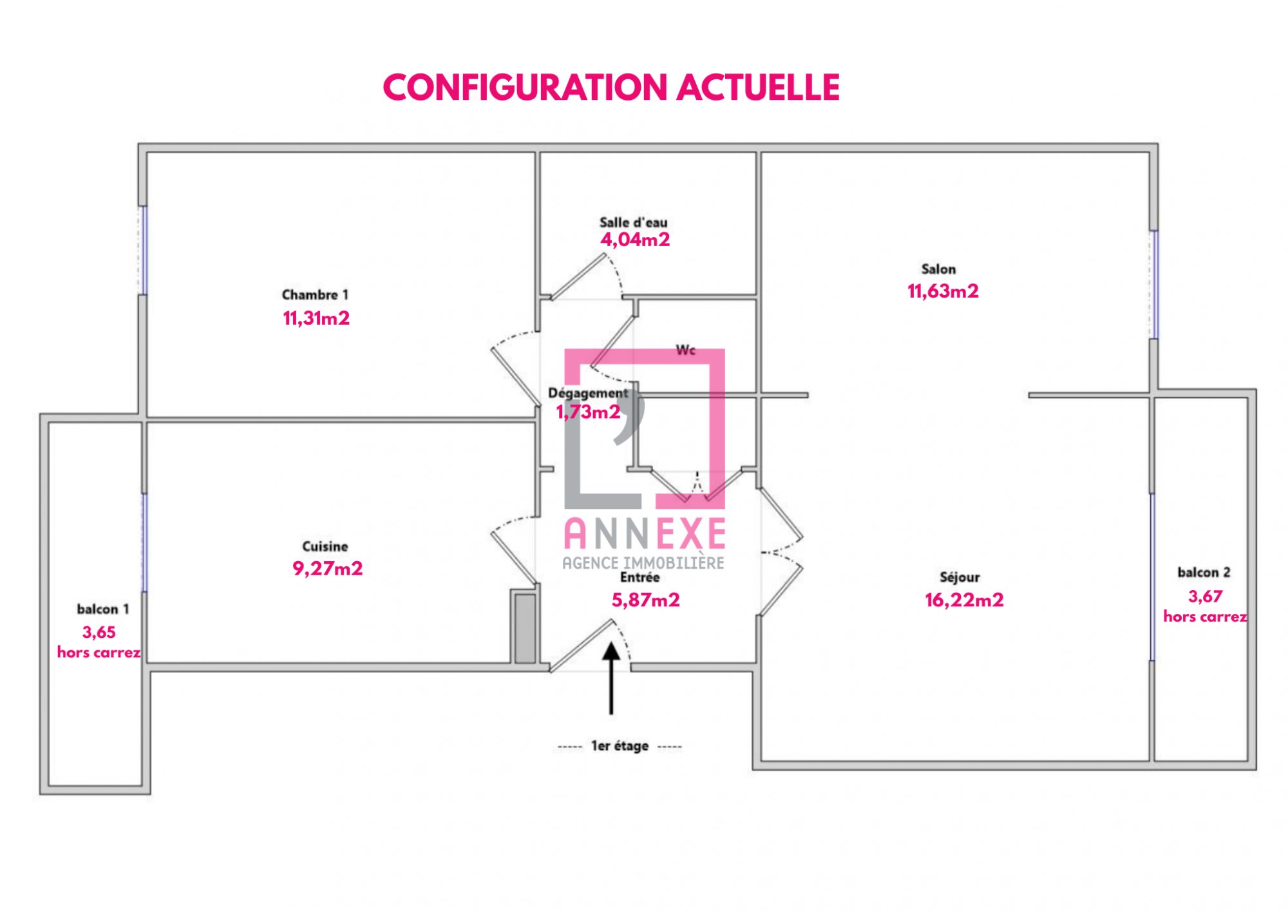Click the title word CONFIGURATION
coord(526,88)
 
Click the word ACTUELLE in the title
coord(758,88)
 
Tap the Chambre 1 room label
coord(315,294)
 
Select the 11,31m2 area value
coord(316,318)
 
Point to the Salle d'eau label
coord(634,222)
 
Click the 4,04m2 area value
coord(635,240)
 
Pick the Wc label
coord(685,350)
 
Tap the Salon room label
coord(938,269)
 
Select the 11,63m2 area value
coord(943,291)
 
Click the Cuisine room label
coord(325,546)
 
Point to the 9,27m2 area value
coord(328,568)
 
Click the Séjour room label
coord(960,577)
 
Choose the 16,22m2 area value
coord(964,600)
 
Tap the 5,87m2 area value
coord(645,600)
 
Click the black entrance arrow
coord(611,678)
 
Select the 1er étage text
coord(620,746)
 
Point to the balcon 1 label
coord(103,609)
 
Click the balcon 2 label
coord(1204,572)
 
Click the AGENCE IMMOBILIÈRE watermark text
coord(643,563)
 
